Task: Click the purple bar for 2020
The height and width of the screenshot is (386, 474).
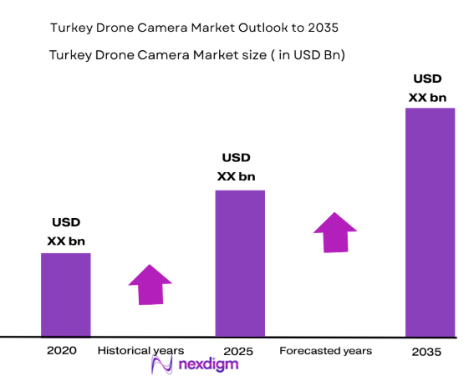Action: click(x=66, y=294)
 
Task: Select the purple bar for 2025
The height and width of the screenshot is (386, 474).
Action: click(x=240, y=263)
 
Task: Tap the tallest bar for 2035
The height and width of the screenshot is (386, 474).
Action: click(x=430, y=221)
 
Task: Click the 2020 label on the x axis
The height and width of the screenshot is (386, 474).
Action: click(x=62, y=351)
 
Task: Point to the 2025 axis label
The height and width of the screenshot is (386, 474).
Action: click(x=238, y=351)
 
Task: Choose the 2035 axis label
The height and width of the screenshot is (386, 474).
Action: click(x=427, y=353)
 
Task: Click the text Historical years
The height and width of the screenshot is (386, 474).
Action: click(x=140, y=351)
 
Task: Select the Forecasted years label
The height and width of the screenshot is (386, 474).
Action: click(x=325, y=351)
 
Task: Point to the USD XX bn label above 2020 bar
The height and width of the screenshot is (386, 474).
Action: click(x=66, y=232)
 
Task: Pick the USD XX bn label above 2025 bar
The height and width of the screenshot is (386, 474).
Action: click(x=237, y=167)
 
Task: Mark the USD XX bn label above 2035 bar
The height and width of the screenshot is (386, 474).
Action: click(x=427, y=89)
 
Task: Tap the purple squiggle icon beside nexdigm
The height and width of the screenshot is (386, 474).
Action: click(x=161, y=365)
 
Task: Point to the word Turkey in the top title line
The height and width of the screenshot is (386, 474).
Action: click(x=72, y=28)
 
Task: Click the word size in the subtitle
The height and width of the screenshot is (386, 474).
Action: click(x=236, y=56)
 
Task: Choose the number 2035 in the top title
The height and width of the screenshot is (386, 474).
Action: click(x=323, y=28)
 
